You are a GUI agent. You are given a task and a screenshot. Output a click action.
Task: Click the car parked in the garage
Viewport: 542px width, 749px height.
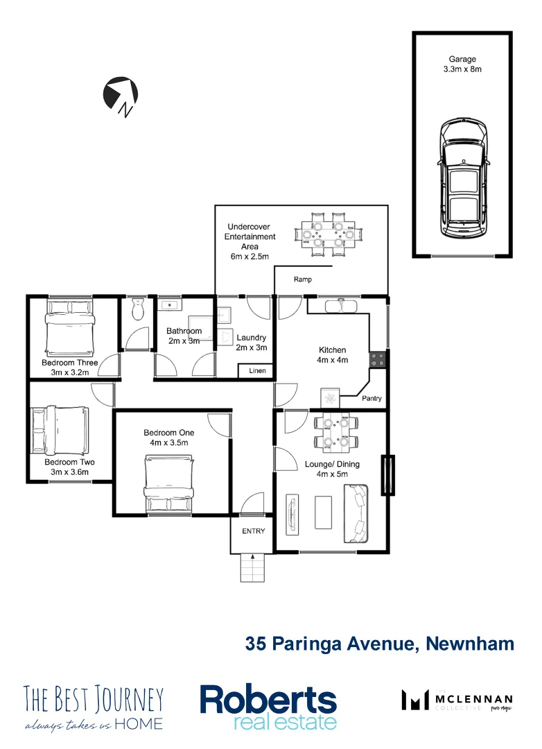(x=462, y=179)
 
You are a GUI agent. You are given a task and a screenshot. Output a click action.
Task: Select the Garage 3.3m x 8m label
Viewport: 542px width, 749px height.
(x=462, y=64)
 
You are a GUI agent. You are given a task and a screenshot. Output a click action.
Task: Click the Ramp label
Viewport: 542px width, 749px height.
(x=303, y=279)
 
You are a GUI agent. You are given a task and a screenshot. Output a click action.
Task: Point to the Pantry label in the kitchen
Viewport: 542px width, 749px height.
(x=372, y=399)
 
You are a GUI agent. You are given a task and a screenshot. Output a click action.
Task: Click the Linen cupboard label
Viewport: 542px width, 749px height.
(x=257, y=371)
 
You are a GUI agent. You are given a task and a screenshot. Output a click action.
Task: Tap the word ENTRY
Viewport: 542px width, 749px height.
(x=253, y=531)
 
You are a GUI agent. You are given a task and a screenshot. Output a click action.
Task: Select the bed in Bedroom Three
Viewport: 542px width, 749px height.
(x=69, y=327)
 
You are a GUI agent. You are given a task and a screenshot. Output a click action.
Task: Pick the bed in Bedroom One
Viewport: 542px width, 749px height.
(x=168, y=485)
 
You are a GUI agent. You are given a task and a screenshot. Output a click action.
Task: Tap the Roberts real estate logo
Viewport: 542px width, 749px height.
(x=268, y=707)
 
